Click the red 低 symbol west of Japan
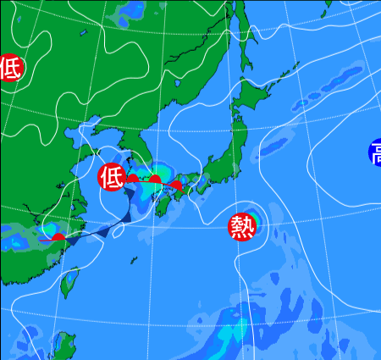[111, 177]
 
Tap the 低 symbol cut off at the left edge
[9, 68]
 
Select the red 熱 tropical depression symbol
[242, 226]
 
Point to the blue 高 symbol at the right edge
[375, 153]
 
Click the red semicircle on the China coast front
[58, 236]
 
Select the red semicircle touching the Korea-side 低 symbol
[131, 178]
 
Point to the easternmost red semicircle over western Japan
[175, 184]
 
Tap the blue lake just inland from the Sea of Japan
[180, 85]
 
